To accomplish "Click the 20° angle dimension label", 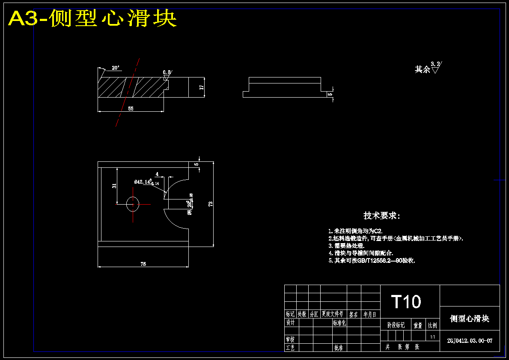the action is [116, 68].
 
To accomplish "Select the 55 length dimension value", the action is [131, 109].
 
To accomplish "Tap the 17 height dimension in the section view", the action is [201, 87].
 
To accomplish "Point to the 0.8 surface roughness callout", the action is [167, 72].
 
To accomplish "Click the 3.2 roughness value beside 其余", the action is [435, 64].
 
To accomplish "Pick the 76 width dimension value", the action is [143, 264].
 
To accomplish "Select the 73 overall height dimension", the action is [210, 204].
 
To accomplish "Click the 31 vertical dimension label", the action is [114, 186].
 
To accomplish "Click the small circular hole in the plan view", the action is [133, 204].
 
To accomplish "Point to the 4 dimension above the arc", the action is [157, 174].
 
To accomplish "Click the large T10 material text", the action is [406, 302].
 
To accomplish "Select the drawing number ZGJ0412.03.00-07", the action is [470, 341].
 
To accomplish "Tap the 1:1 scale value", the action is [433, 337].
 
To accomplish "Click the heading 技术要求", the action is [381, 216].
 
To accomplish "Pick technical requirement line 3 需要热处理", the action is [346, 246].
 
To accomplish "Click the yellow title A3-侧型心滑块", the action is [92, 19].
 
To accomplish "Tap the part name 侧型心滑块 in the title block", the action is [470, 318].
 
